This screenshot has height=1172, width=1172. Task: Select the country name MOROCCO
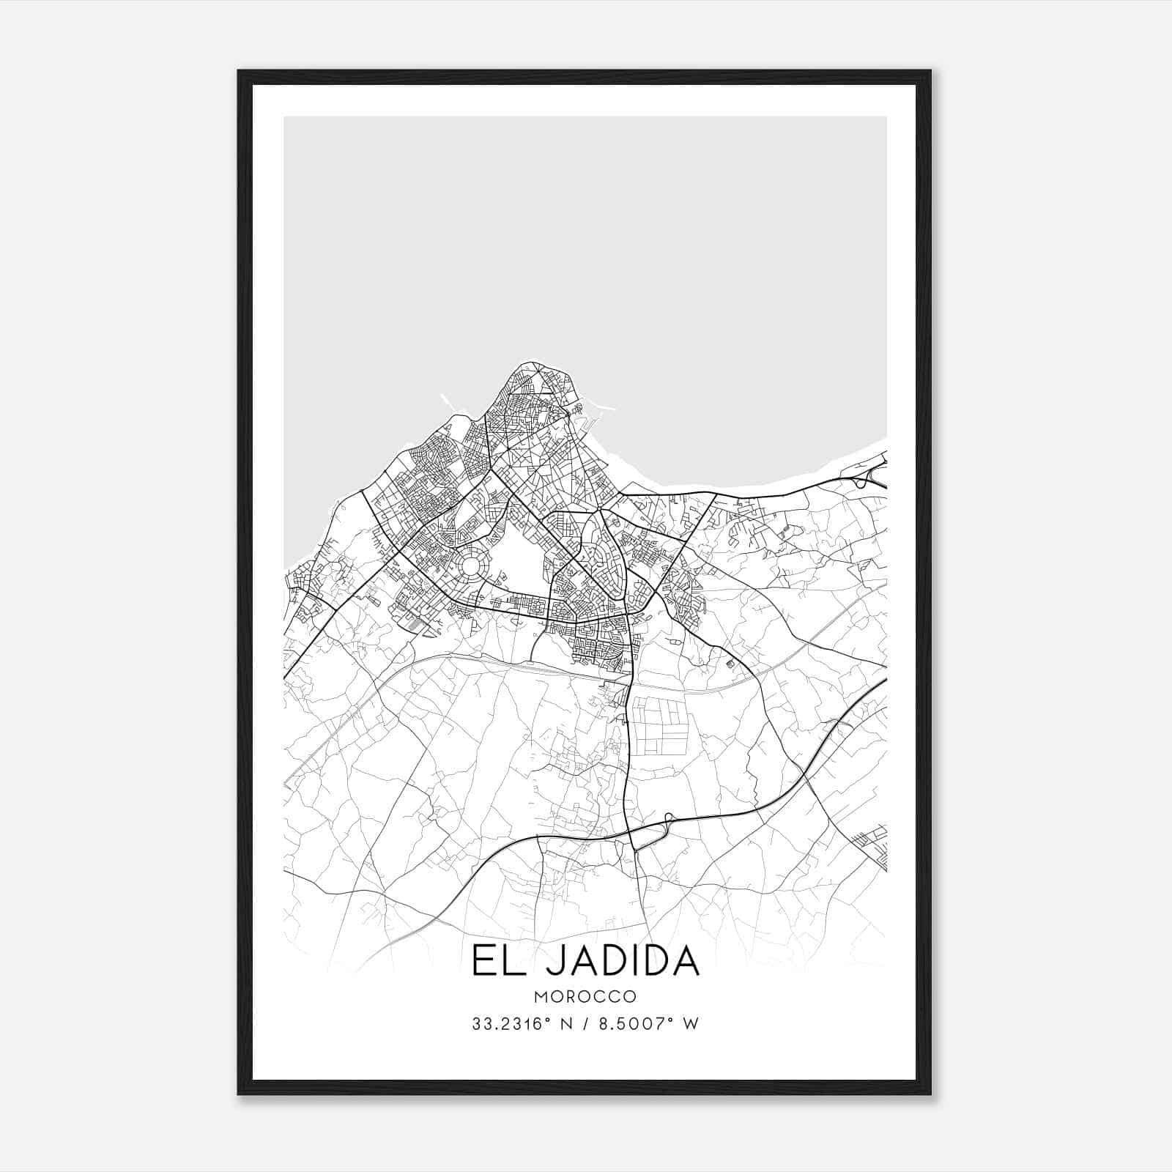tap(585, 997)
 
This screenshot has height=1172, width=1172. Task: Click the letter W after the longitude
tap(690, 1023)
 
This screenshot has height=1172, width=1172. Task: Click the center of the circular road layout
tap(470, 565)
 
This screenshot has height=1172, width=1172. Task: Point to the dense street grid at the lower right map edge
tap(875, 845)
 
